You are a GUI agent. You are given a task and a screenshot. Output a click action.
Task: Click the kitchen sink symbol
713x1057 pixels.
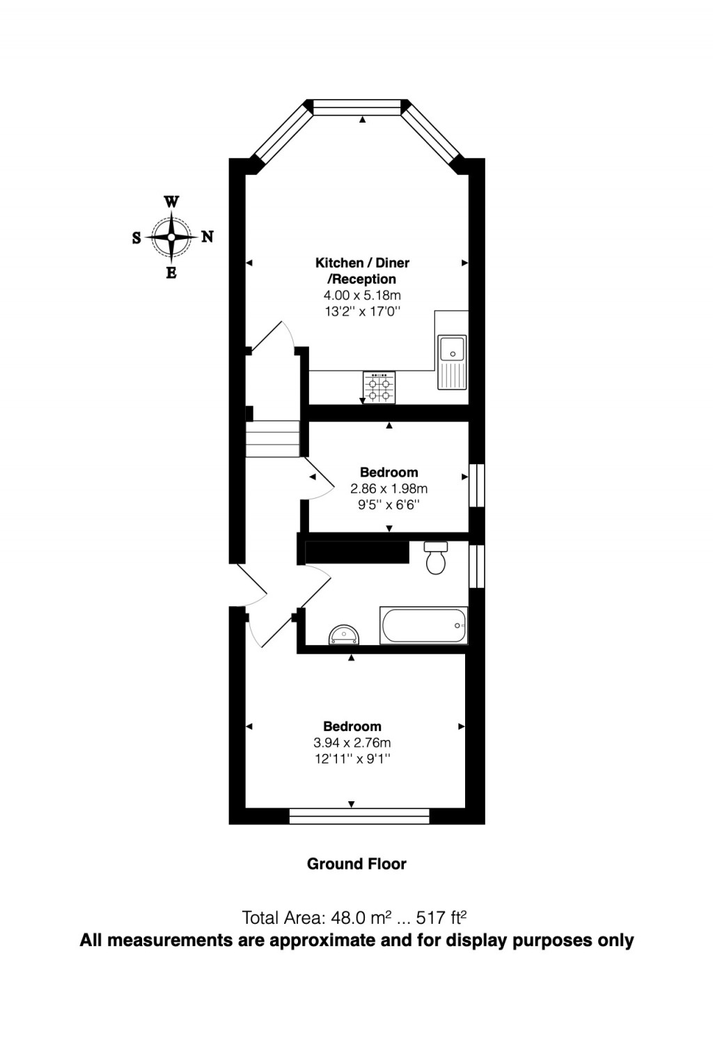(x=452, y=362)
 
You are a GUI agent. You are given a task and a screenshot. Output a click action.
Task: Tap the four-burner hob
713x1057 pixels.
(x=379, y=387)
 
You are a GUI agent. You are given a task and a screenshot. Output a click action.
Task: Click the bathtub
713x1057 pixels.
(x=423, y=625)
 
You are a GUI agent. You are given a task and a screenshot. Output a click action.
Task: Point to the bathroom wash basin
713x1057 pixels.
(x=345, y=634)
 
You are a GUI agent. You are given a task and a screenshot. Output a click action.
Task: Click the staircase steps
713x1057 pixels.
(x=272, y=439)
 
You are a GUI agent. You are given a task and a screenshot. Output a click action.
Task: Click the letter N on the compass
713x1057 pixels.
(x=207, y=237)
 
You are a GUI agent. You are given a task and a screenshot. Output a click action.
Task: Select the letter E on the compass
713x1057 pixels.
(x=171, y=273)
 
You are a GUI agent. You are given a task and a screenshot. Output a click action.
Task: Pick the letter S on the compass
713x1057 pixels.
(x=136, y=238)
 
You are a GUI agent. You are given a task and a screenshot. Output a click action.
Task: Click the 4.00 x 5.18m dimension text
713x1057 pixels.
(x=362, y=295)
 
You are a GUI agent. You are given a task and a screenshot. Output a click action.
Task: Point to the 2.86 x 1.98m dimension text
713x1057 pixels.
(x=389, y=488)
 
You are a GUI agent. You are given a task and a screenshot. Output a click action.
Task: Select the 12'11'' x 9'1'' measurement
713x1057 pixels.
(x=352, y=759)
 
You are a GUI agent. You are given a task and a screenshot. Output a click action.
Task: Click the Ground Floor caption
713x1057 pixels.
(x=356, y=864)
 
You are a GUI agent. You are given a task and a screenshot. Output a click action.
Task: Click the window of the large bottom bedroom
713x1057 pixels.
(x=359, y=816)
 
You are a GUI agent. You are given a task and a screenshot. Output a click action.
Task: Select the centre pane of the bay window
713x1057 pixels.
(x=357, y=107)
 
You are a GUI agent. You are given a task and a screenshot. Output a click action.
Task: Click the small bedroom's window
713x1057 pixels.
(x=477, y=486)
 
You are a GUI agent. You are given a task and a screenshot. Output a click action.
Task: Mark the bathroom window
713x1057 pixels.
(x=477, y=566)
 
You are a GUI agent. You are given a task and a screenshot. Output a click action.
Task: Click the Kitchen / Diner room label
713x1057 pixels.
(x=362, y=263)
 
